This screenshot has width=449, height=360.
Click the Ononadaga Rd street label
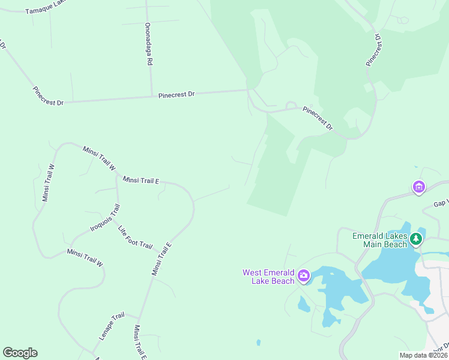click(x=149, y=45)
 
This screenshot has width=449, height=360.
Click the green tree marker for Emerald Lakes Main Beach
click(x=415, y=241)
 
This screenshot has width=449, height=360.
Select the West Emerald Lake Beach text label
click(x=268, y=277)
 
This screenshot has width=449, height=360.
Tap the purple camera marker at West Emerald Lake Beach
click(x=304, y=276)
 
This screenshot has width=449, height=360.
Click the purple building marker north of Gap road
click(x=418, y=187)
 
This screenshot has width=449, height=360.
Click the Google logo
click(x=20, y=353)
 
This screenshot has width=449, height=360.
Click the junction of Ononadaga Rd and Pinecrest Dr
click(x=151, y=96)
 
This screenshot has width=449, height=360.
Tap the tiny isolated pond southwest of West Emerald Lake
click(x=258, y=343)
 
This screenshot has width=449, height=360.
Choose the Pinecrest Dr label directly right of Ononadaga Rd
click(x=176, y=95)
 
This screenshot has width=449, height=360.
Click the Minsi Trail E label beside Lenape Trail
click(x=139, y=342)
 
